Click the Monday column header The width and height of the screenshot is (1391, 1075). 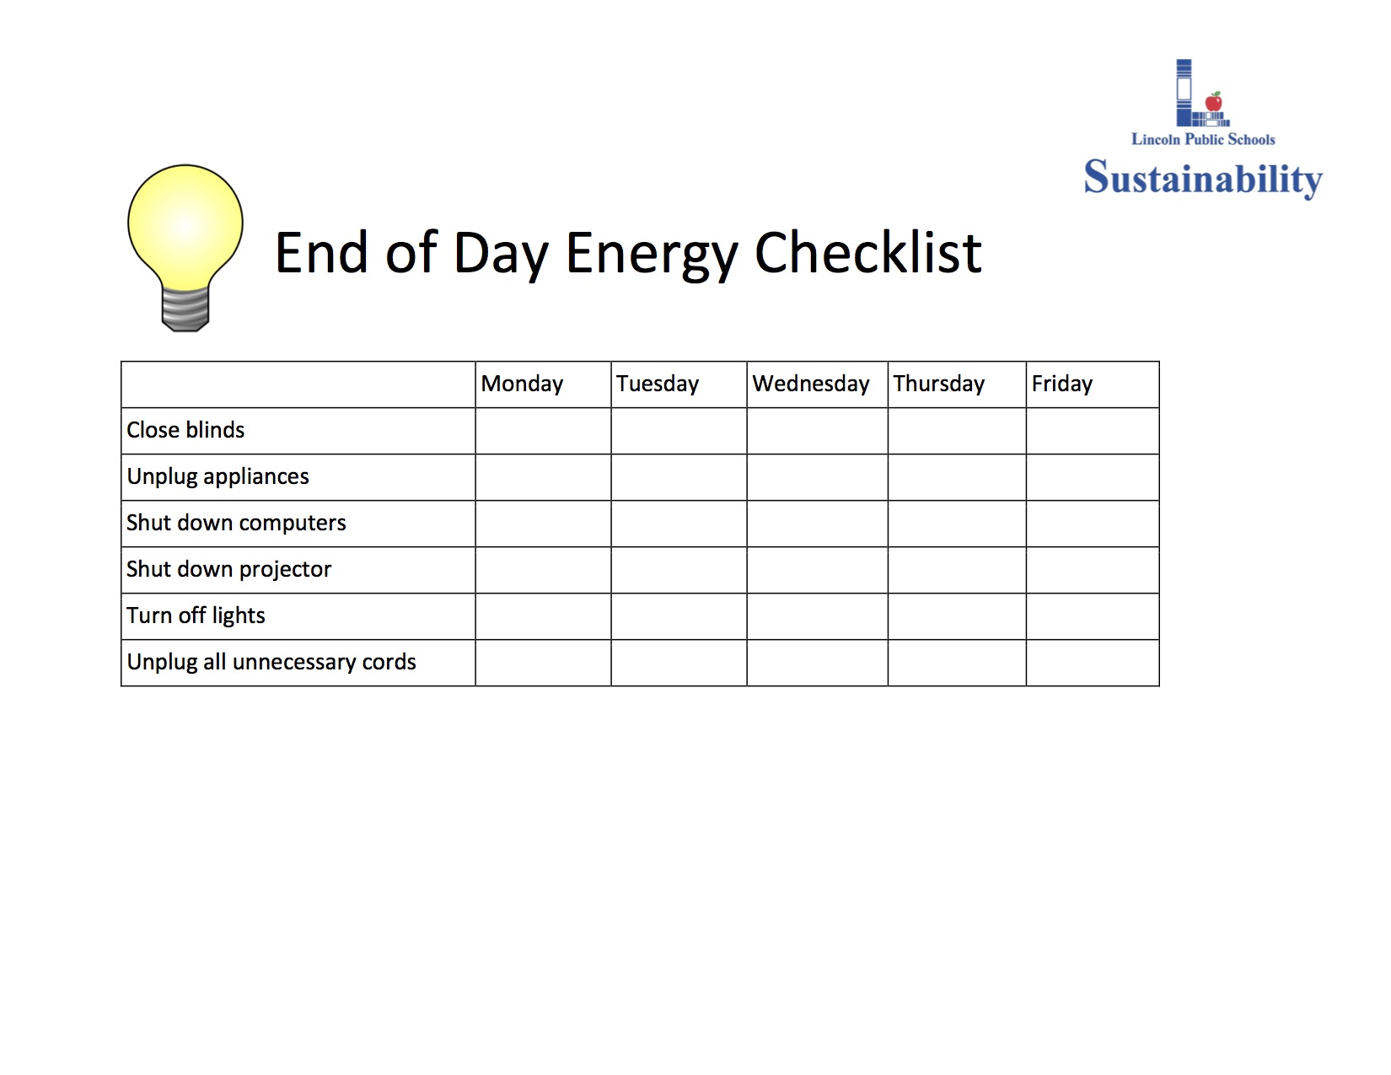click(x=522, y=384)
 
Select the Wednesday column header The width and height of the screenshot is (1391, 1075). click(x=810, y=384)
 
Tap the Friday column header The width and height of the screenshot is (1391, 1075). click(x=1061, y=384)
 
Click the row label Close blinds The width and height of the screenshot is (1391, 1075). click(x=185, y=431)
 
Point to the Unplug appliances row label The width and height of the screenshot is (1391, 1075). click(x=218, y=477)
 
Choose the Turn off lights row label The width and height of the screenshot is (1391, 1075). click(x=196, y=616)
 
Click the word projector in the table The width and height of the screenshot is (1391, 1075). click(x=285, y=570)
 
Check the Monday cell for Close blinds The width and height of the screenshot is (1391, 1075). click(x=543, y=431)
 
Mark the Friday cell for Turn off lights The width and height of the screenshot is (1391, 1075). click(x=1092, y=616)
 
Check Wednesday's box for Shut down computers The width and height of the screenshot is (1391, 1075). click(x=817, y=524)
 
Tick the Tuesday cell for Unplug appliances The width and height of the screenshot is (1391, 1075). click(x=679, y=477)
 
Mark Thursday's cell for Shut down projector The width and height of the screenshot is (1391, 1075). click(x=956, y=570)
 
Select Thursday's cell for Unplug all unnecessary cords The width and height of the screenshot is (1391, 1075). click(x=956, y=663)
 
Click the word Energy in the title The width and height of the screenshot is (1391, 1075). click(x=651, y=254)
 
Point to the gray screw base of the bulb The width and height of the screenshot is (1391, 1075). click(x=185, y=309)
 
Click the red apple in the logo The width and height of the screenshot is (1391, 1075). click(x=1214, y=102)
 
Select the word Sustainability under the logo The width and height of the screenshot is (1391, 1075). click(x=1203, y=178)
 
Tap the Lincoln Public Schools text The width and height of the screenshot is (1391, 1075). click(x=1203, y=140)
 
